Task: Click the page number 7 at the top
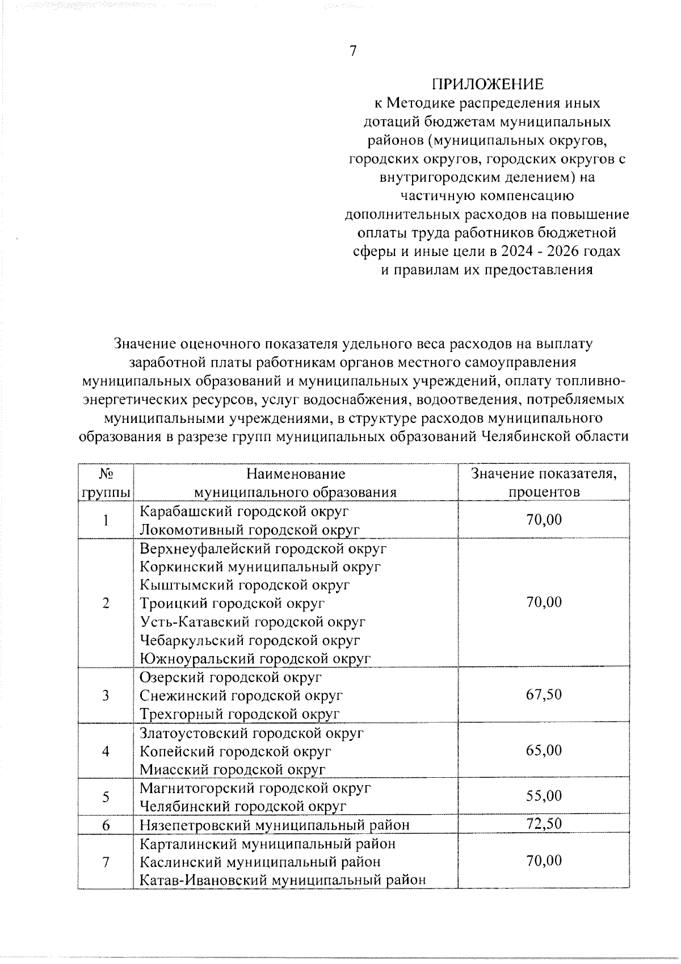tap(352, 51)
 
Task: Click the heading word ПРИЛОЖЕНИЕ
tap(487, 85)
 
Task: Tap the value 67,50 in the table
tap(544, 694)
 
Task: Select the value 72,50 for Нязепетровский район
tap(544, 823)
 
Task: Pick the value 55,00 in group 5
tap(544, 795)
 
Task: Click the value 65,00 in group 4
tap(544, 750)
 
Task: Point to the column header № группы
tap(106, 482)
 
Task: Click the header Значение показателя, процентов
tap(544, 482)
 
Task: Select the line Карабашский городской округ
tap(244, 511)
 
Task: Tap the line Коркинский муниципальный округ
tap(260, 567)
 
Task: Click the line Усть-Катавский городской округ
tap(253, 622)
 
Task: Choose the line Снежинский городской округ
tap(241, 695)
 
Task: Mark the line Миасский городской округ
tap(233, 769)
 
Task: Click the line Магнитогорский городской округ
tap(255, 788)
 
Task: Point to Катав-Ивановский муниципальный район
tap(283, 880)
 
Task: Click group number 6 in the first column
tap(106, 824)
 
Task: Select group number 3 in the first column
tap(106, 695)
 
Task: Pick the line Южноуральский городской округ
tap(255, 659)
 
